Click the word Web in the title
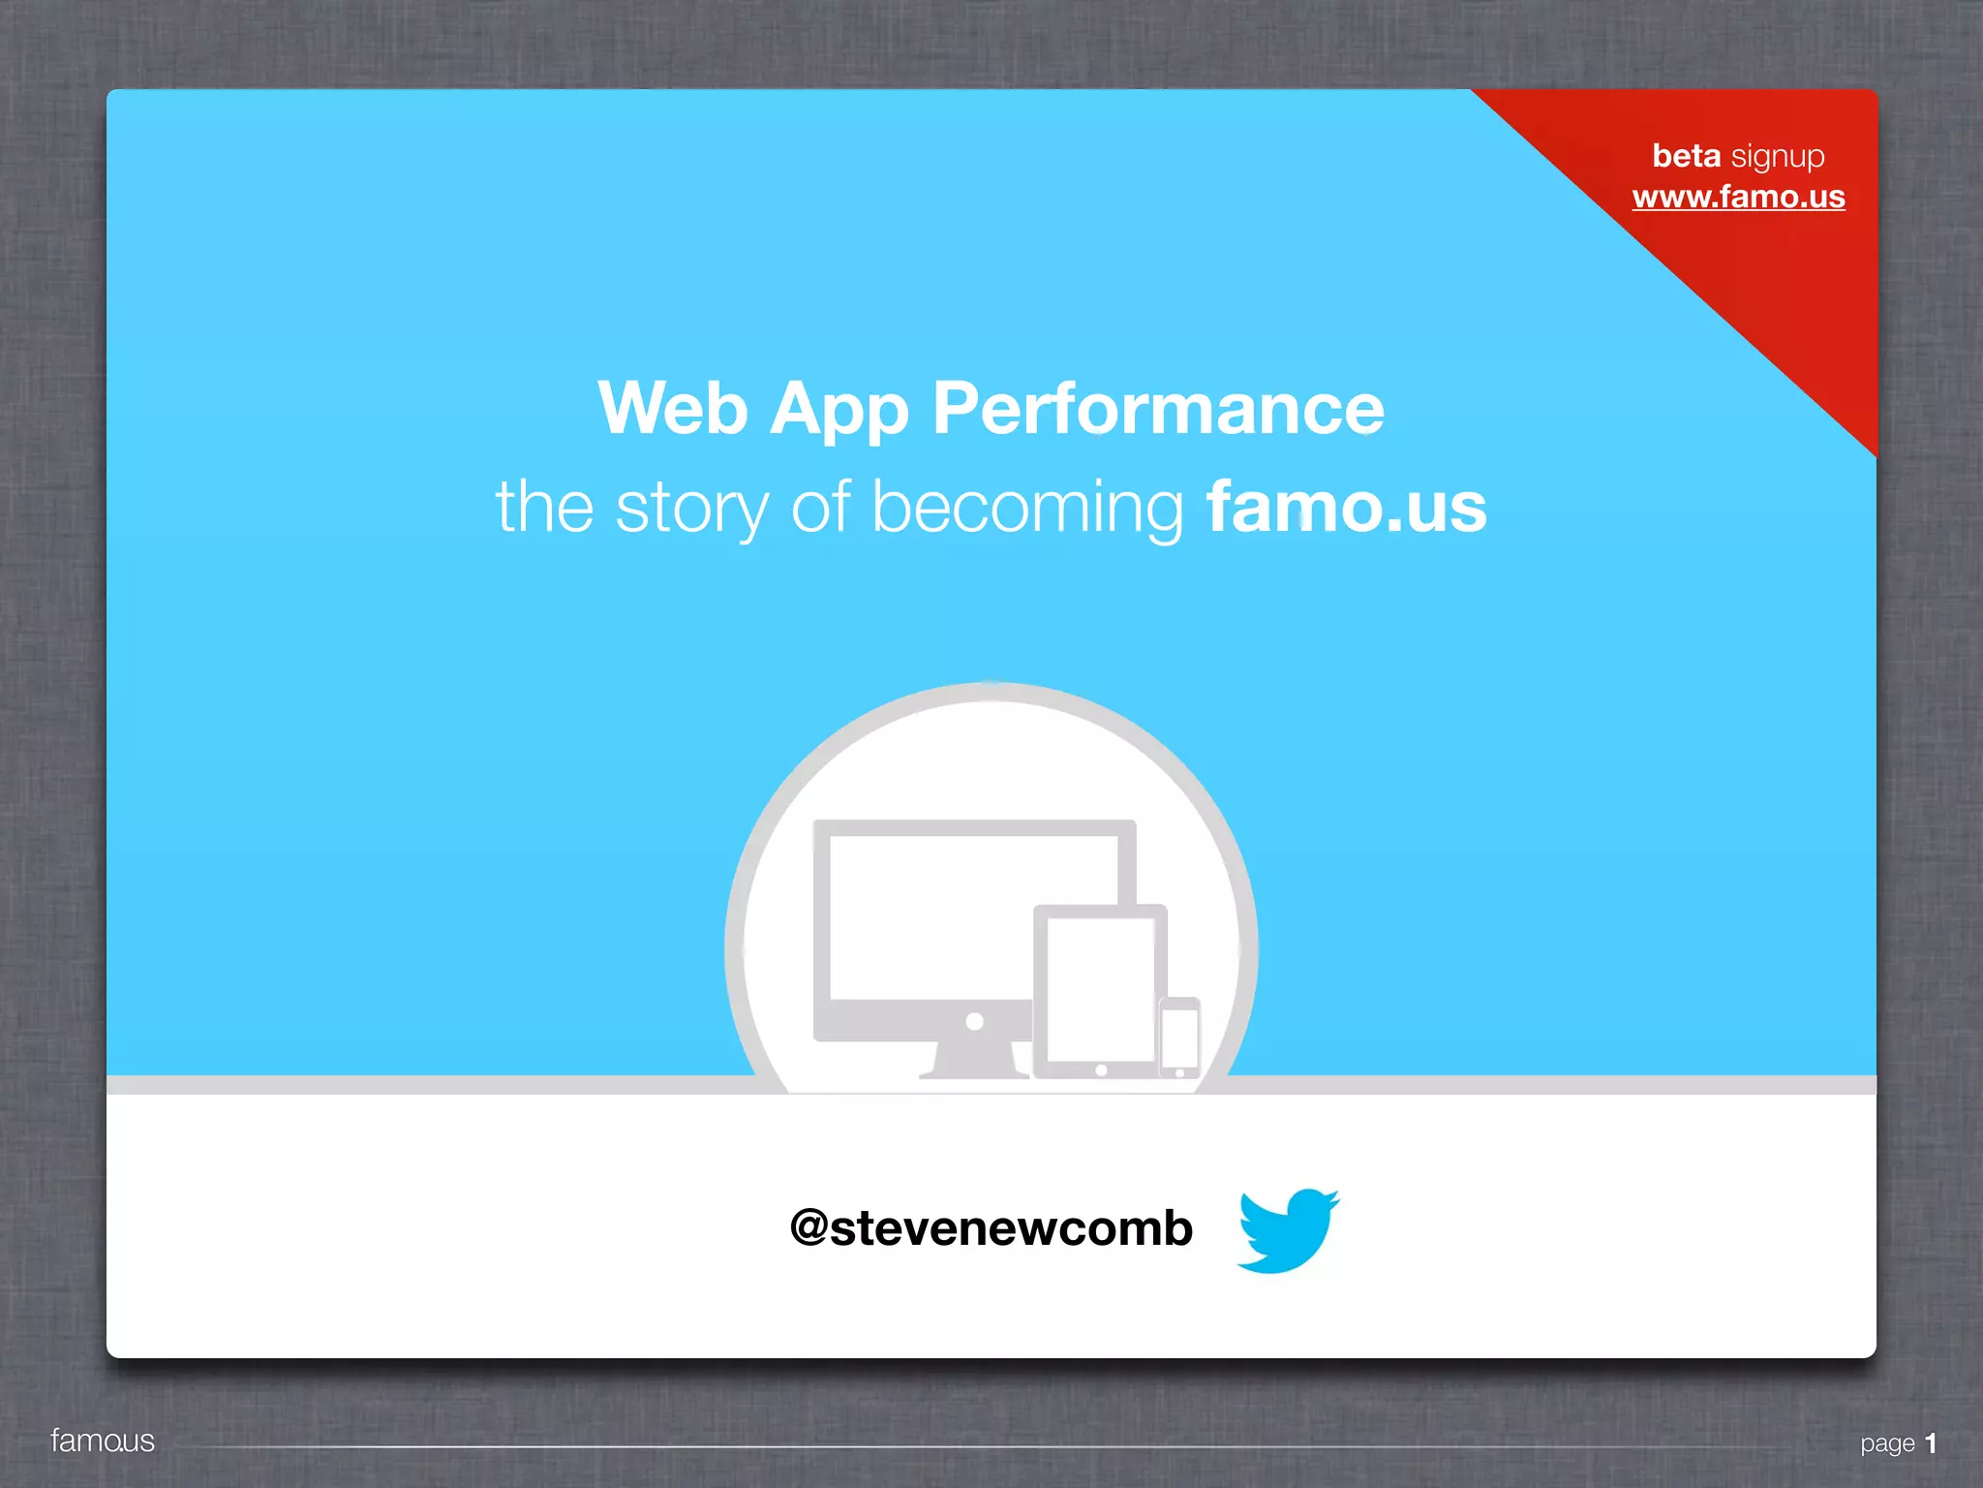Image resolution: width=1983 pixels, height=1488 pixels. (673, 409)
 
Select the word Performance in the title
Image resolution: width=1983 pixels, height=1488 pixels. (1158, 409)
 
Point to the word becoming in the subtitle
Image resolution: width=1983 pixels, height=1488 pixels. (1027, 508)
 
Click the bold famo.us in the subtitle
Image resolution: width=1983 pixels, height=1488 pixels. (1346, 508)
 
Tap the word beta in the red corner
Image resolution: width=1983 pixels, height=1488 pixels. (1686, 155)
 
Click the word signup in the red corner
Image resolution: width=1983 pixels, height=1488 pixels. (1778, 157)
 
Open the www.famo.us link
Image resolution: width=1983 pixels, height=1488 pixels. (1738, 197)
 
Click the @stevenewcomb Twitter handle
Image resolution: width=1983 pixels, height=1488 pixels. (991, 1228)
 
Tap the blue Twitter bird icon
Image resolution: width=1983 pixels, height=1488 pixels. (1287, 1229)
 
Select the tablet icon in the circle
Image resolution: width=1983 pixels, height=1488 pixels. (1100, 988)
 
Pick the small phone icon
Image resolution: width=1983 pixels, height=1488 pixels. (1179, 1038)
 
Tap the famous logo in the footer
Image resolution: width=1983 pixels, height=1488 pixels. (103, 1441)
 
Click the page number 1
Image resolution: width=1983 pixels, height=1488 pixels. (1931, 1443)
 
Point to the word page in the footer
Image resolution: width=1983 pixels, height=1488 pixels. (1887, 1444)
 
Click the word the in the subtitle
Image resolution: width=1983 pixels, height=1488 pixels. (544, 508)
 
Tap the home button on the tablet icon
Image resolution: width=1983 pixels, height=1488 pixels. (1101, 1070)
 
